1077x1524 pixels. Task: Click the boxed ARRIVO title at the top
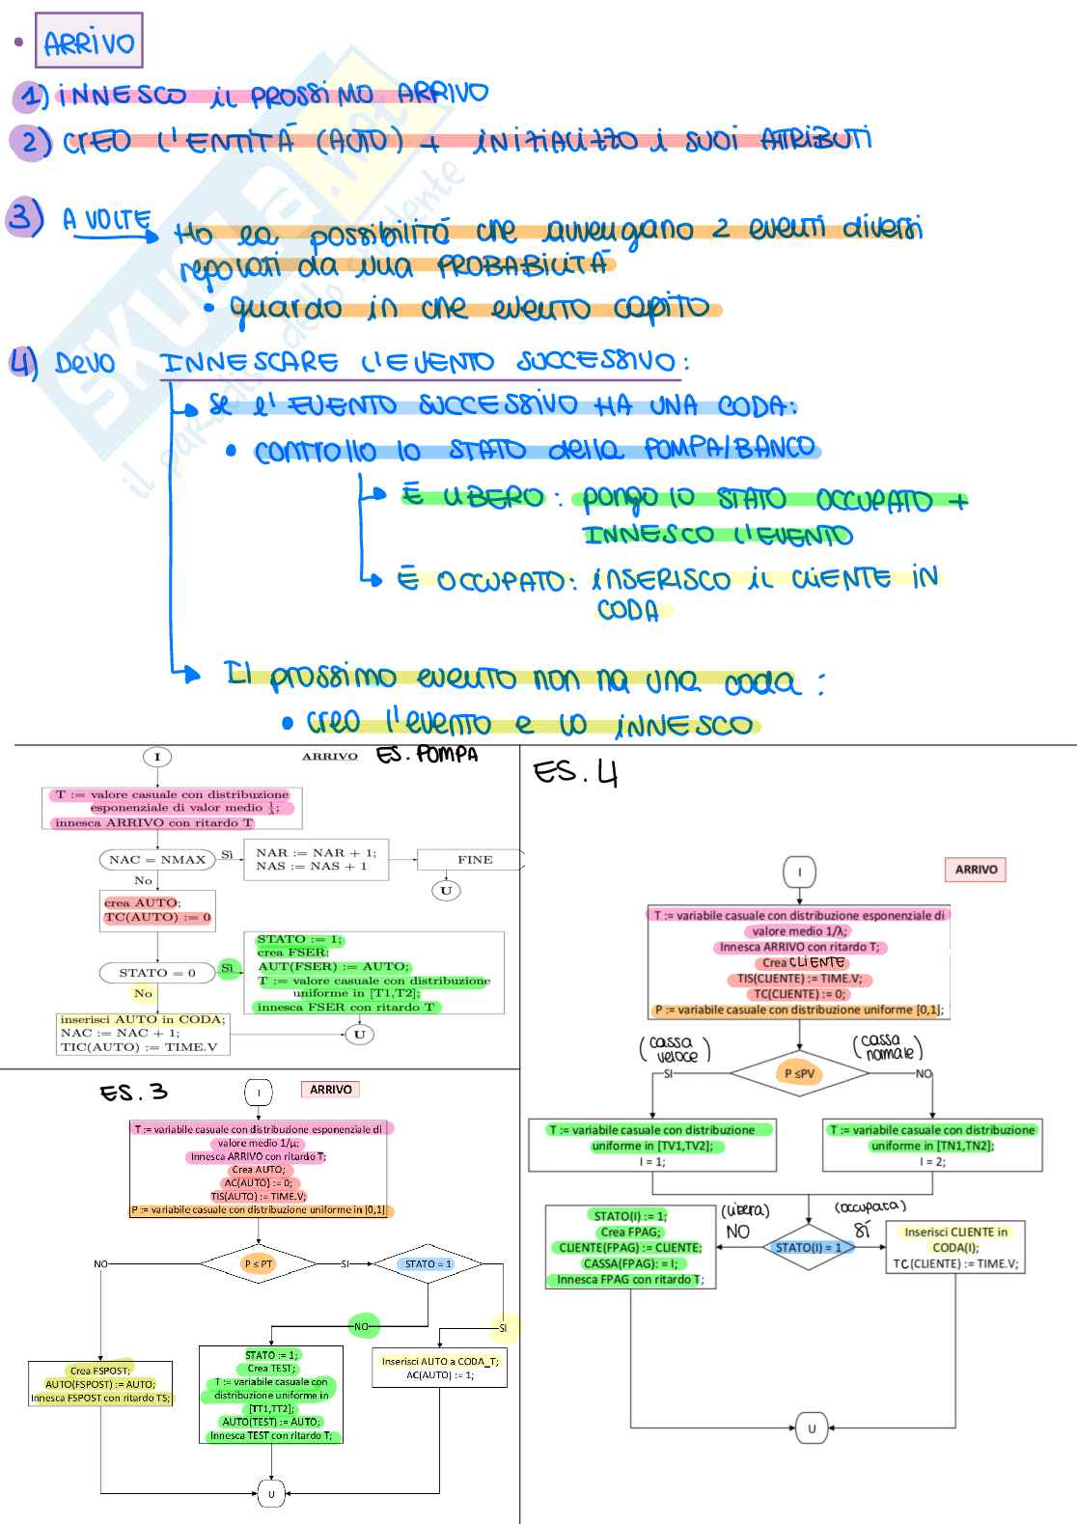click(89, 42)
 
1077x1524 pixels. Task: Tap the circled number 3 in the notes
click(24, 216)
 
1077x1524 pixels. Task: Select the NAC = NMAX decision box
click(157, 859)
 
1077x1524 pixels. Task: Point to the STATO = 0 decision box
click(157, 973)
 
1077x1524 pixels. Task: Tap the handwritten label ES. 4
click(575, 772)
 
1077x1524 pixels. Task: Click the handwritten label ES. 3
click(133, 1092)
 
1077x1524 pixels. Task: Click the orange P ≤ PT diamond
click(258, 1263)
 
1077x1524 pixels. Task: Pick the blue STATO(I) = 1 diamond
click(809, 1247)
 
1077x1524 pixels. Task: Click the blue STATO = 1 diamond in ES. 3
click(428, 1263)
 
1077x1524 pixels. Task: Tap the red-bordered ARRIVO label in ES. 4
click(976, 870)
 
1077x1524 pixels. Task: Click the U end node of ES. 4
click(812, 1427)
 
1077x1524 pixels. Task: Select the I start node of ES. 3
click(259, 1092)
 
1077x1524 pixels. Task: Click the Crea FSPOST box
click(100, 1384)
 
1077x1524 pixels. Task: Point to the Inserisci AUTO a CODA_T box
click(439, 1368)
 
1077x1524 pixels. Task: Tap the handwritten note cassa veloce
click(675, 1048)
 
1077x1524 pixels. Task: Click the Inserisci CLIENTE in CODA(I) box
click(955, 1247)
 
